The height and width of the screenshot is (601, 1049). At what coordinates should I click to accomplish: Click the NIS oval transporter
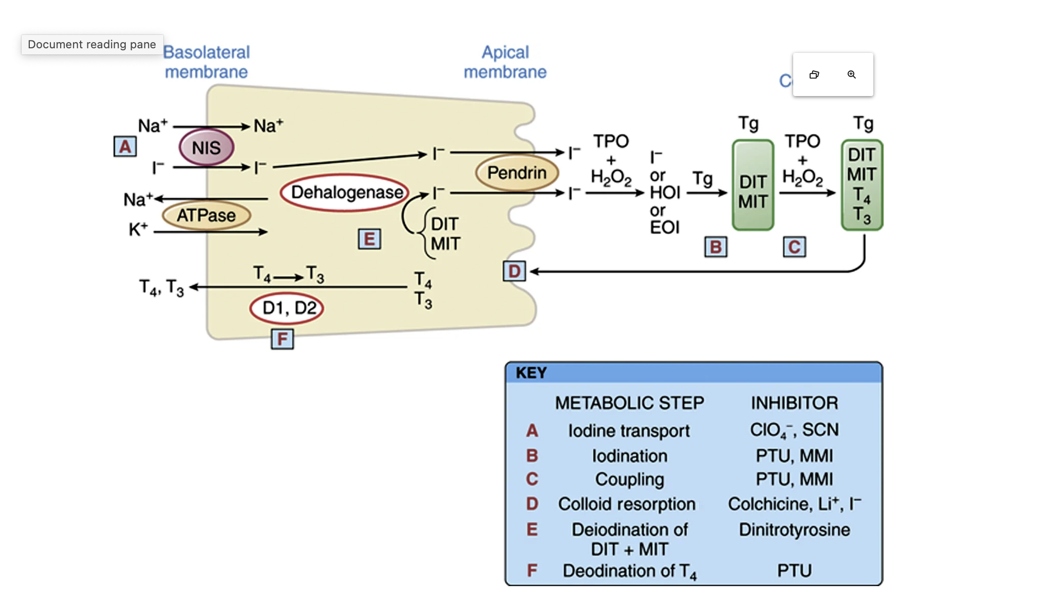pos(207,147)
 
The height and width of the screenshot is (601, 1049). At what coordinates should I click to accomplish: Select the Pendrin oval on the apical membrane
pos(517,173)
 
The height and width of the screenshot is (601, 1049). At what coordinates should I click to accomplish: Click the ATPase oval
pos(207,215)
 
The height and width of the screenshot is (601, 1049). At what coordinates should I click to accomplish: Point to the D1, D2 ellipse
pos(287,308)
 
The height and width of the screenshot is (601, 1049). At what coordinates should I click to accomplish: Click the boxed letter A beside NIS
pos(125,147)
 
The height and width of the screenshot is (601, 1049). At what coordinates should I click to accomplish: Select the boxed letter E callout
pos(369,239)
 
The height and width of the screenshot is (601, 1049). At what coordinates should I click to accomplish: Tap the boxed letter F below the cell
pos(282,339)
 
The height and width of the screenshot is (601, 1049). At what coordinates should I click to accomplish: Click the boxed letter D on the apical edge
pos(514,271)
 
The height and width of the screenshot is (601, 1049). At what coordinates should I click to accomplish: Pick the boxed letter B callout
pos(716,247)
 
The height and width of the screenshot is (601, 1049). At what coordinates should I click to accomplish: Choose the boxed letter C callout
pos(794,247)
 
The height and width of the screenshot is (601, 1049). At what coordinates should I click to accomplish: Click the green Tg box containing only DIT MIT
pos(753,185)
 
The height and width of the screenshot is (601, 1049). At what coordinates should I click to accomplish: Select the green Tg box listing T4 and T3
pos(861,185)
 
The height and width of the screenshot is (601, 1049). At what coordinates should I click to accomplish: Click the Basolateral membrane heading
pos(207,62)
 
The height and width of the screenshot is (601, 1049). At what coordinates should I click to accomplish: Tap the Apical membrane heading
pos(505,62)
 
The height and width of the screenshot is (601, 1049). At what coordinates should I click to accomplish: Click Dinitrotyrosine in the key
pos(794,530)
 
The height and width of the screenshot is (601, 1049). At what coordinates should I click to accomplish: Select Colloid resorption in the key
pos(627,504)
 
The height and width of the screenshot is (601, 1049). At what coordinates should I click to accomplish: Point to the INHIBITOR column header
pos(794,403)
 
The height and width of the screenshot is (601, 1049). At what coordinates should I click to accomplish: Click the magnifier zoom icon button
pos(851,74)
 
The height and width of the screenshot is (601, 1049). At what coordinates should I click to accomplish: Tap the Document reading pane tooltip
pos(92,45)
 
